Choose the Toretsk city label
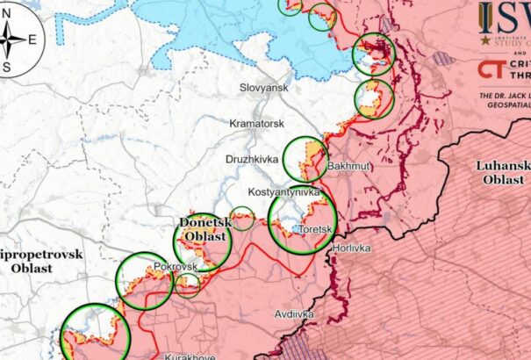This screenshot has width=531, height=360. [x=313, y=229]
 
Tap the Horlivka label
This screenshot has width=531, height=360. [x=351, y=248]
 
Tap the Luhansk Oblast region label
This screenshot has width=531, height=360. [x=503, y=172]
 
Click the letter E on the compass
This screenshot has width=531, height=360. [x=32, y=39]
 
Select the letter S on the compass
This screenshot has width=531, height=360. [x=6, y=67]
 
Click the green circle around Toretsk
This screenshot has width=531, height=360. [x=302, y=221]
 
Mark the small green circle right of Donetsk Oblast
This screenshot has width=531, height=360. [x=243, y=218]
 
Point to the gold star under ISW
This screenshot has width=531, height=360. [x=484, y=39]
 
